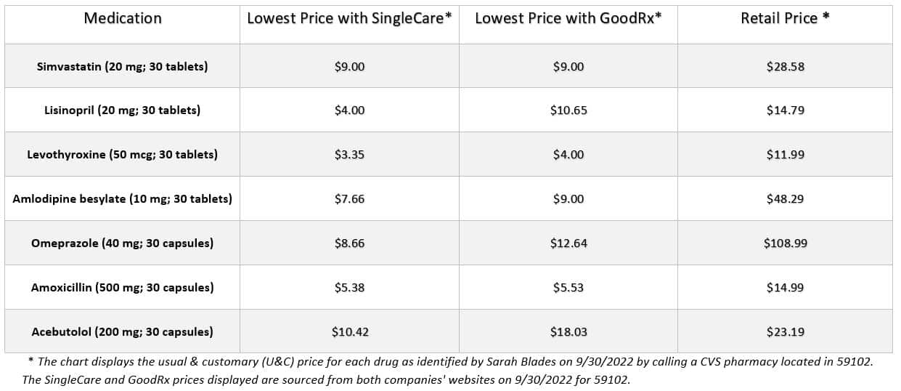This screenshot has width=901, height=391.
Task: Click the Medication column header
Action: click(123, 19)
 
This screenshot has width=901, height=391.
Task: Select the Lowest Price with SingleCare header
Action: click(349, 19)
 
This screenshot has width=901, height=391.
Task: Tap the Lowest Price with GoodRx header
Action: click(568, 19)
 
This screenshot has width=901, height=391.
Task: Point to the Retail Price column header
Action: click(785, 19)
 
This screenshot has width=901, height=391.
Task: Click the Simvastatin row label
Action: click(122, 66)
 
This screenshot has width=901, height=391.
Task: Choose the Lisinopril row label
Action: click(122, 110)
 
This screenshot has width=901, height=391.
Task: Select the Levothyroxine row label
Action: click(122, 155)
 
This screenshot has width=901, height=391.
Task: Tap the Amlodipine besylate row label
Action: click(122, 199)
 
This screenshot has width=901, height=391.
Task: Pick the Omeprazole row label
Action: click(122, 243)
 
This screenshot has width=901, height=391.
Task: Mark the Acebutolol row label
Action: click(122, 332)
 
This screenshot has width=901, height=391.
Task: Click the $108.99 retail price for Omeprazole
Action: click(785, 243)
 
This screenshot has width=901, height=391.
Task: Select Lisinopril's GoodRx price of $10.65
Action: click(568, 110)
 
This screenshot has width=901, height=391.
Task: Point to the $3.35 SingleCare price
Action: click(349, 155)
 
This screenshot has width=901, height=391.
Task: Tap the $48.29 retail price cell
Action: click(785, 199)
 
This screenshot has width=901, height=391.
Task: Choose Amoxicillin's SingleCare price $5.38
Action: click(349, 288)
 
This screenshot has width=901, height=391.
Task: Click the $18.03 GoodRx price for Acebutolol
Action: click(568, 332)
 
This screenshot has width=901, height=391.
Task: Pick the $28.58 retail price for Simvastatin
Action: click(785, 66)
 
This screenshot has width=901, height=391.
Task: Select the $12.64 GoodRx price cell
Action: click(568, 243)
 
